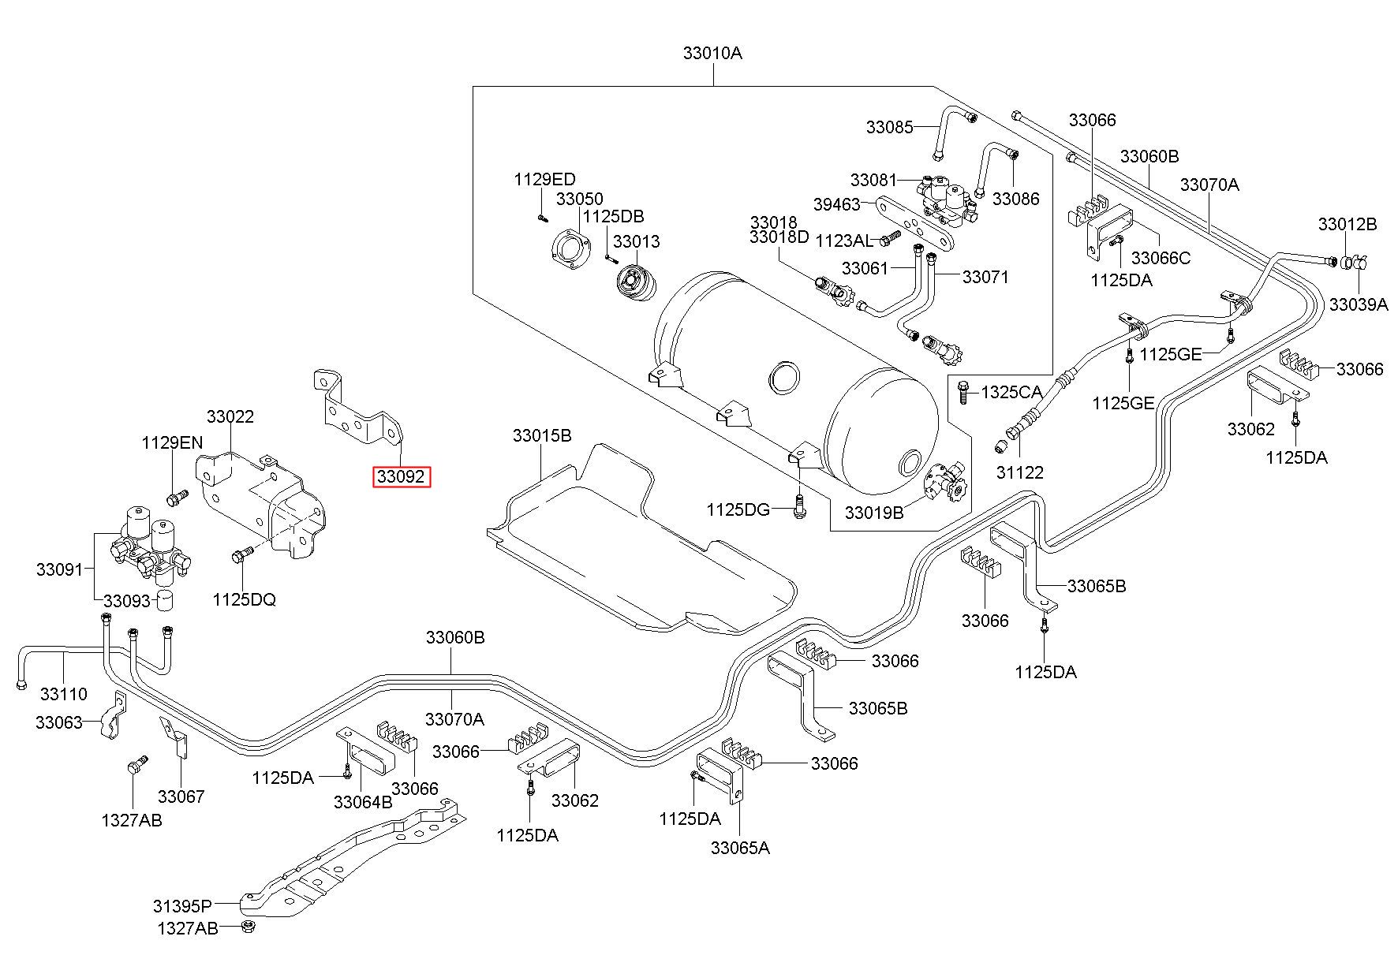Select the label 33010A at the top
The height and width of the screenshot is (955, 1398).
712,54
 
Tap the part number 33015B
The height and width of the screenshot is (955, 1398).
542,435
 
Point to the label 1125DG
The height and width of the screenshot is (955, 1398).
738,509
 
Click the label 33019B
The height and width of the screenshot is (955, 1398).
874,513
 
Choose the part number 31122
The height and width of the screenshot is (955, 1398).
1019,472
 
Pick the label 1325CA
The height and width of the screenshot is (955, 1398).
1011,392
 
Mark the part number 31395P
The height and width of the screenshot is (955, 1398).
183,905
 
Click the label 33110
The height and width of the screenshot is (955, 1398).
63,694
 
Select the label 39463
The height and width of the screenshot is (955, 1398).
836,204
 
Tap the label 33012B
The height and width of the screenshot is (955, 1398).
1348,224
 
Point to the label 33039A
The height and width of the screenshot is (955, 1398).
1359,304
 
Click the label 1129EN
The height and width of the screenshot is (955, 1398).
173,442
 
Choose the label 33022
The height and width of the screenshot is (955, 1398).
230,416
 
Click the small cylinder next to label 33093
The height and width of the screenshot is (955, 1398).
164,599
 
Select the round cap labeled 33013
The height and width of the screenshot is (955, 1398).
635,285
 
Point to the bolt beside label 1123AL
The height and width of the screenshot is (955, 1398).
890,236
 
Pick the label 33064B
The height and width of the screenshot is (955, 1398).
363,802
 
